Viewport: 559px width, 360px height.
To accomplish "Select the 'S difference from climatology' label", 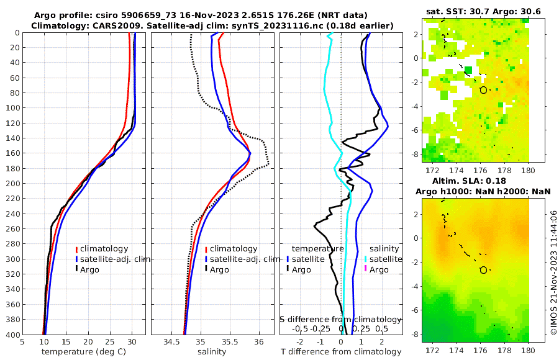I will pyautogui.click(x=341, y=319).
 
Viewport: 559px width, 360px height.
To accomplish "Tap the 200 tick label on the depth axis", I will pyautogui.click(x=12, y=184).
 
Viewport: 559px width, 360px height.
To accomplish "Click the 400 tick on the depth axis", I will pyautogui.click(x=12, y=335).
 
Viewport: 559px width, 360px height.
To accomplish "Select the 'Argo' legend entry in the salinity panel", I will pyautogui.click(x=219, y=269).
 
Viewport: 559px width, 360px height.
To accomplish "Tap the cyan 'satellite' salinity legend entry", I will pyautogui.click(x=386, y=259).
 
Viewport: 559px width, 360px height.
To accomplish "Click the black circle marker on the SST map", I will pyautogui.click(x=483, y=90).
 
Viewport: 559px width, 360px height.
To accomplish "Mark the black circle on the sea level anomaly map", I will pyautogui.click(x=483, y=270).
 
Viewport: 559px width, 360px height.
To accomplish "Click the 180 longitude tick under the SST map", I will pyautogui.click(x=529, y=170).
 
